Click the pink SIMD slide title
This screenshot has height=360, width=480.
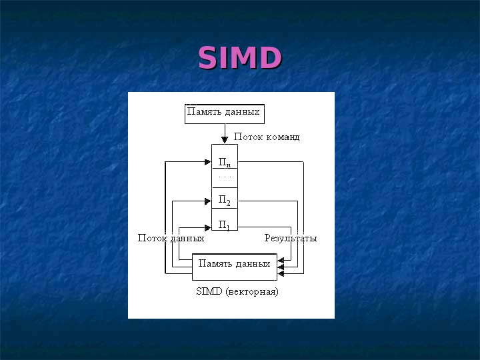tap(240, 58)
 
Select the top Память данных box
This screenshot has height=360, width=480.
tap(224, 113)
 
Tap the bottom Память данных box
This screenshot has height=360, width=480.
tap(234, 267)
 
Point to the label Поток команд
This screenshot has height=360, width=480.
tap(267, 137)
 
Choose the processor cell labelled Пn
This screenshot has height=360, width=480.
tap(224, 162)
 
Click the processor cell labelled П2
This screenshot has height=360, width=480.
tap(224, 201)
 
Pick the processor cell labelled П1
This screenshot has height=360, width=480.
tap(224, 225)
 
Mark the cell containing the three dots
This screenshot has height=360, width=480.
tap(224, 178)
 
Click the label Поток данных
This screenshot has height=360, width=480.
tap(171, 238)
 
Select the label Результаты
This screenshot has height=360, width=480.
tap(290, 238)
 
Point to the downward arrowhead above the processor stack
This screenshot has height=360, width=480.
tap(224, 140)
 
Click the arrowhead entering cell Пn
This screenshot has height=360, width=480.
tap(207, 161)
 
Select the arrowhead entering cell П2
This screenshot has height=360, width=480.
tap(207, 201)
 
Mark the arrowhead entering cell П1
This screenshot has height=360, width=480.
tap(207, 227)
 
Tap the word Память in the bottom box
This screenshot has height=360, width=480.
tap(214, 263)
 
